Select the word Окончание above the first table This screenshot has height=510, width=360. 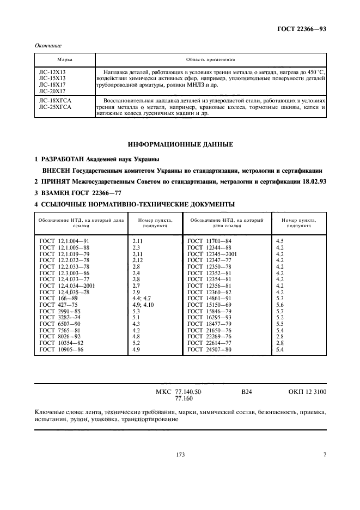[47, 46]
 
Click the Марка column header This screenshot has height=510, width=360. [65, 59]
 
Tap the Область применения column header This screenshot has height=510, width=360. [210, 59]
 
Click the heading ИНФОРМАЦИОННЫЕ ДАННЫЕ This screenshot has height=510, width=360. [180, 145]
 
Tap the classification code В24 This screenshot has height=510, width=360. [247, 391]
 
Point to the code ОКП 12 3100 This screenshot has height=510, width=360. [308, 391]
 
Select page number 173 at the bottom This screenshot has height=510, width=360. [180, 455]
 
